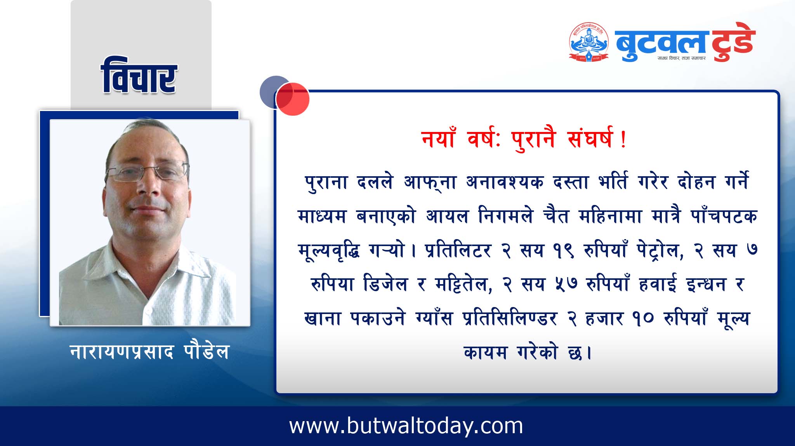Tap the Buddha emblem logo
588,42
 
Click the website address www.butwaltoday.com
406,426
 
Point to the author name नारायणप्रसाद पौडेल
150,351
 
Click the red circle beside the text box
292,99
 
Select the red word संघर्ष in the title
590,139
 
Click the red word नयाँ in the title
438,138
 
